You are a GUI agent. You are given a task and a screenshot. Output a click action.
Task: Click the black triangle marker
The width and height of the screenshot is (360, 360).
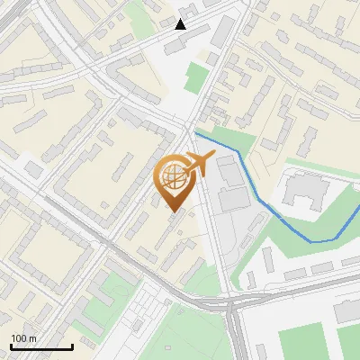click(x=181, y=23)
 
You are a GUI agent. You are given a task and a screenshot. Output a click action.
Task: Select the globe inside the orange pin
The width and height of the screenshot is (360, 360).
click(x=175, y=180)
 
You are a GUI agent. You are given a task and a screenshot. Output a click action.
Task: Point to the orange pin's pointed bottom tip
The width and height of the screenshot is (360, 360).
click(x=175, y=212)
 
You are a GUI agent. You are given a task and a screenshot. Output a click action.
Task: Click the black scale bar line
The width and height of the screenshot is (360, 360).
click(x=41, y=346)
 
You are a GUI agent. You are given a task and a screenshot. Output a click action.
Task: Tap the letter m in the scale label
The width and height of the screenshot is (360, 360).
click(x=32, y=338)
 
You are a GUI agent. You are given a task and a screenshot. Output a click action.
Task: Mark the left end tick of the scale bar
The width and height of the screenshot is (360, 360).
click(x=11, y=346)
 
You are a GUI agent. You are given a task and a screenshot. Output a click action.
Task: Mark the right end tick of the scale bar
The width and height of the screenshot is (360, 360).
click(x=72, y=346)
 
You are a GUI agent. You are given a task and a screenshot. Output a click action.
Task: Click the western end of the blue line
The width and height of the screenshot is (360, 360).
click(x=196, y=133)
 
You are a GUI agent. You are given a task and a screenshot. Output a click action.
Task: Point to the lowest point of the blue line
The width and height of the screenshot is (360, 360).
click(x=312, y=241)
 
